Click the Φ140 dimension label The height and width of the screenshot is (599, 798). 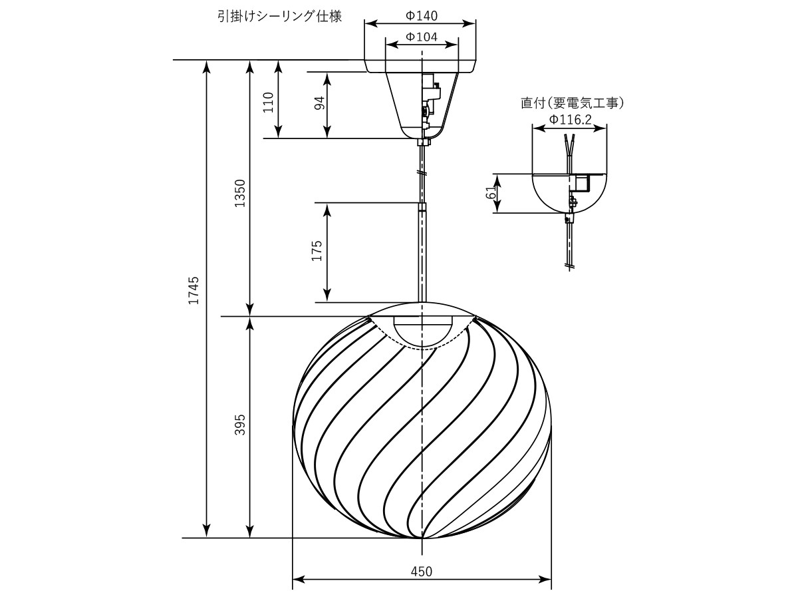pyautogui.click(x=422, y=15)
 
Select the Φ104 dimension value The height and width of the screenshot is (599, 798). pyautogui.click(x=422, y=37)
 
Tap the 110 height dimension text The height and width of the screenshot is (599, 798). pyautogui.click(x=268, y=102)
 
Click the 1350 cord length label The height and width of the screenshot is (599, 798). pyautogui.click(x=240, y=193)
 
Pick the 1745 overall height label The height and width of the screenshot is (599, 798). pyautogui.click(x=194, y=290)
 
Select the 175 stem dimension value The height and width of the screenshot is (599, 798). pyautogui.click(x=317, y=251)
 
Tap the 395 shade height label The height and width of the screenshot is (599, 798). pyautogui.click(x=240, y=425)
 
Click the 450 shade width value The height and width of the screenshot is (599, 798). pyautogui.click(x=422, y=572)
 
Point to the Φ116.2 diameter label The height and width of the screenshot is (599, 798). pyautogui.click(x=571, y=119)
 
